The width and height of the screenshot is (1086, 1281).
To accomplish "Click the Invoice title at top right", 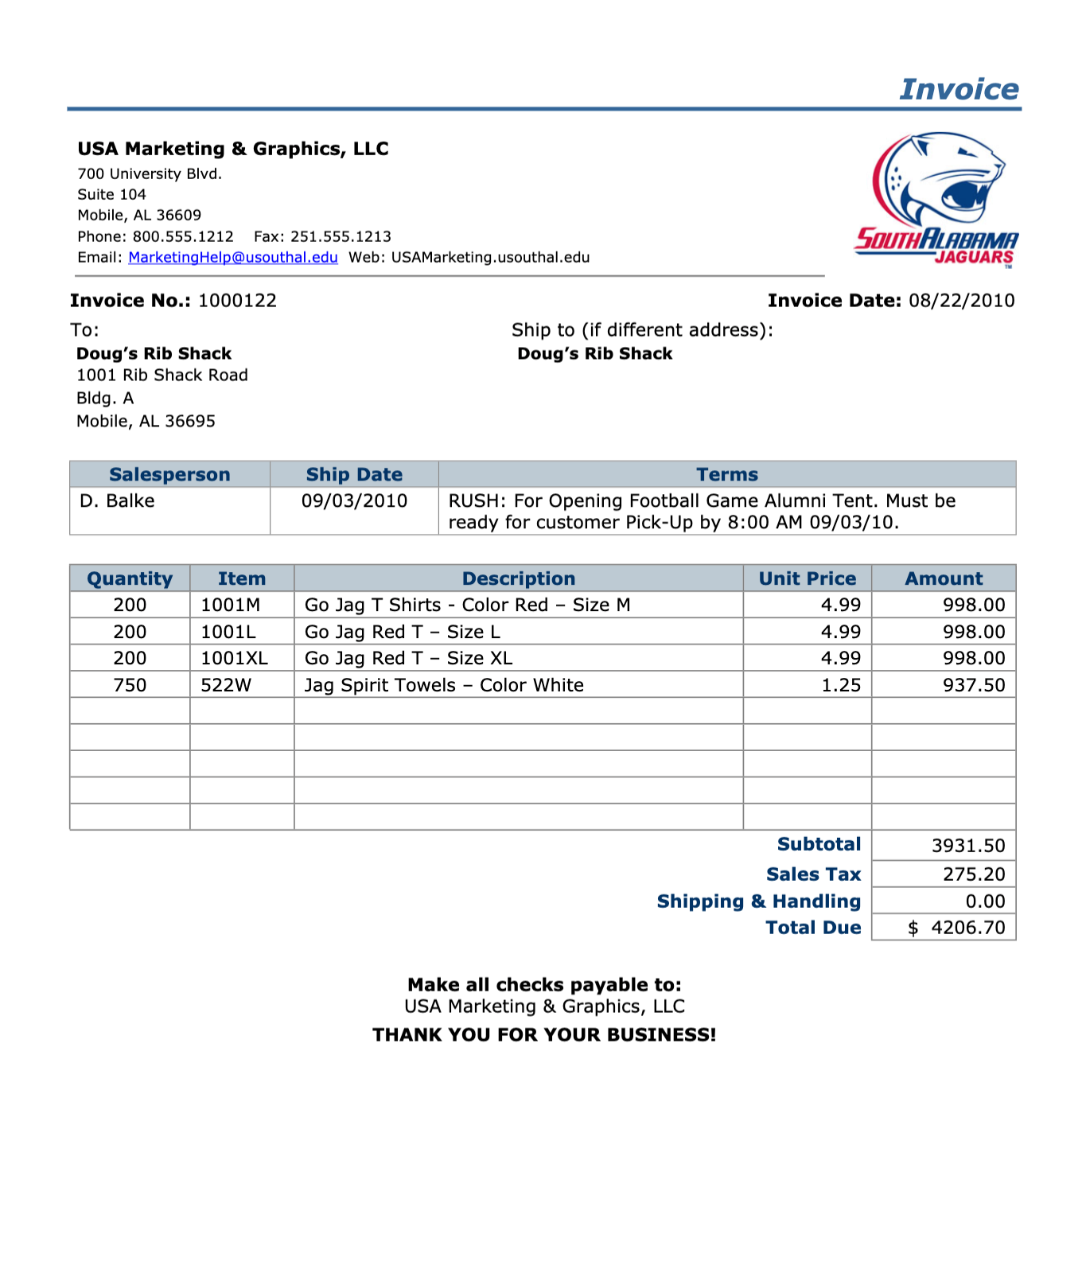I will (x=958, y=89).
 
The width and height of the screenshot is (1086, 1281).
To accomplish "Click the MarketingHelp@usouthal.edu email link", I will (x=232, y=257).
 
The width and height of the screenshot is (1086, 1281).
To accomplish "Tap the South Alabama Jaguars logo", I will (x=936, y=200).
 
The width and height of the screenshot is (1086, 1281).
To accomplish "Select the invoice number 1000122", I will (x=237, y=301).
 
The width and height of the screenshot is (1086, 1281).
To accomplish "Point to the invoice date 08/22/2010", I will (x=961, y=301).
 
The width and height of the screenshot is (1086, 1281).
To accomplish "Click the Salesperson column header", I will (x=169, y=474).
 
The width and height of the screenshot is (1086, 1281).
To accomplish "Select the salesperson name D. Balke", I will (x=117, y=501).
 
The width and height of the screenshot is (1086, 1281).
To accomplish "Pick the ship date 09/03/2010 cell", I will (x=354, y=501).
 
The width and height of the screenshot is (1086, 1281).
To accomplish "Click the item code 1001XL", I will (x=234, y=658).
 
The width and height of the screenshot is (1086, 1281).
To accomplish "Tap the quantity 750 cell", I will (x=130, y=685).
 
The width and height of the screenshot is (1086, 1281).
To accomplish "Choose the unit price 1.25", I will (x=840, y=685).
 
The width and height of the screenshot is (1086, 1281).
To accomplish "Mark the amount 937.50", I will (x=973, y=685).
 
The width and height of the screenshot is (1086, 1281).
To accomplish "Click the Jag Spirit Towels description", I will (x=444, y=685).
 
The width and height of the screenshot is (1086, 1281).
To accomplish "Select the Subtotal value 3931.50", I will (x=967, y=846).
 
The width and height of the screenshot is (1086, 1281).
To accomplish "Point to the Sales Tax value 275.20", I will (x=974, y=874).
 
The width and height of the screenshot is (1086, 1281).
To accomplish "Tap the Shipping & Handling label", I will (x=758, y=901).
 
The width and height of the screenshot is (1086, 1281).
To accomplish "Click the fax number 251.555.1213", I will (x=341, y=236).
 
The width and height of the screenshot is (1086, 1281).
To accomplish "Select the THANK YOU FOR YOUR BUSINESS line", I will (x=544, y=1034).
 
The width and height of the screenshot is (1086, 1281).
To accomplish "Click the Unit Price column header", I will (x=807, y=578).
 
